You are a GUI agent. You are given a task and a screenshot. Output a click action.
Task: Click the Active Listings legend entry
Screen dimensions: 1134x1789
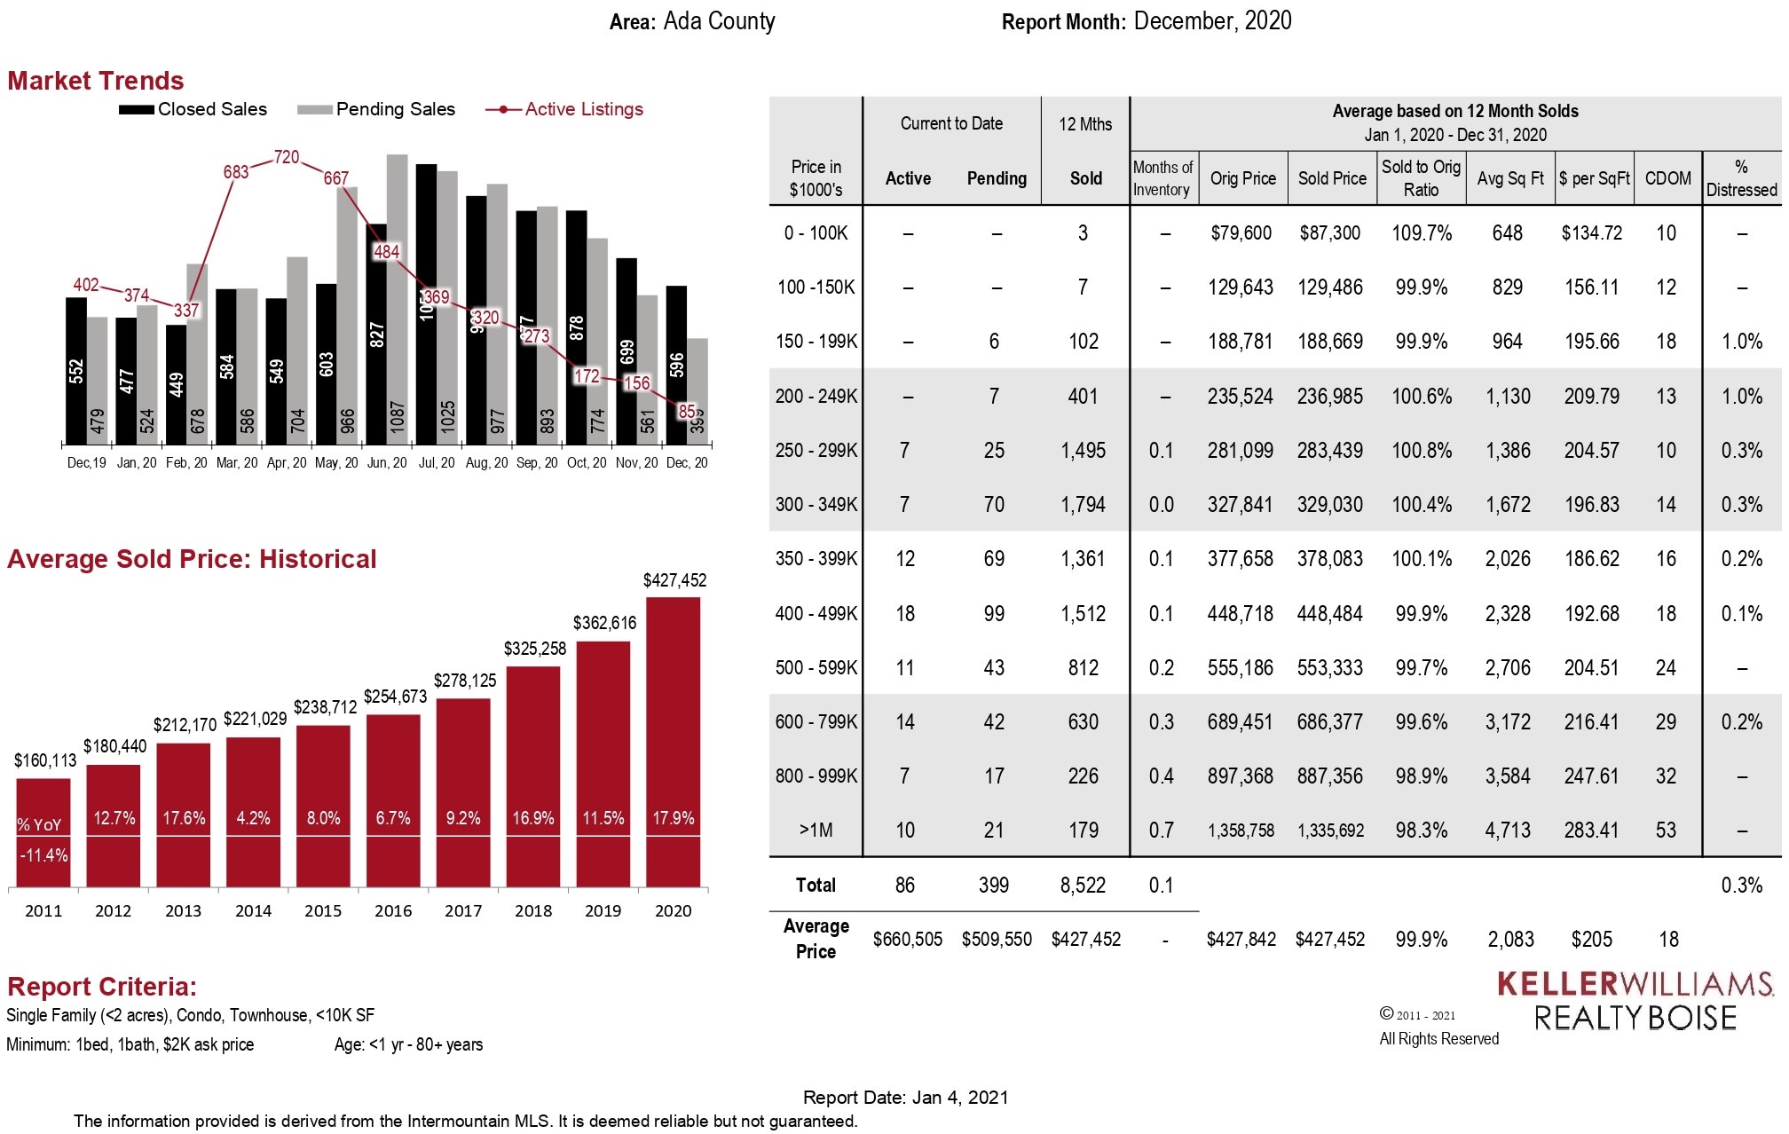[x=565, y=109]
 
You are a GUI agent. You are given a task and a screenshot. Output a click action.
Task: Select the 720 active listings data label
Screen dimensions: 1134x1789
[x=287, y=157]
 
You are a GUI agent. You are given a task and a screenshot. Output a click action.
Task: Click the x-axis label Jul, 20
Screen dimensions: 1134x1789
[x=436, y=462]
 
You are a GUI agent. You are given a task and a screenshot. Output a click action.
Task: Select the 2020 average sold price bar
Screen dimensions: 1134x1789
[x=673, y=741]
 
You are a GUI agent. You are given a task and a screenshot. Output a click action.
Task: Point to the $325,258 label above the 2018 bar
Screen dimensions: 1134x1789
[x=534, y=649]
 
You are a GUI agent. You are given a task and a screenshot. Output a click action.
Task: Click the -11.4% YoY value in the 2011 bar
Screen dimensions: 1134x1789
[x=43, y=855]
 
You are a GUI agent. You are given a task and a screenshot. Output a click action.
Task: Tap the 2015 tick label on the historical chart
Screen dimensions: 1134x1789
[x=323, y=910]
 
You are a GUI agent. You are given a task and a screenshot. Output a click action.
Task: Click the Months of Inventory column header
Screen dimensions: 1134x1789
[x=1162, y=178]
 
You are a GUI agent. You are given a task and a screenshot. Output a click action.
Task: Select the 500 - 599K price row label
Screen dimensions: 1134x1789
[x=816, y=667]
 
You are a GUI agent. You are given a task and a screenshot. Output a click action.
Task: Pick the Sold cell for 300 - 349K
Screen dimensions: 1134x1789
[x=1083, y=505]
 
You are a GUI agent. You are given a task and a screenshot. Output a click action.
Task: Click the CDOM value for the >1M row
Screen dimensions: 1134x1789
[x=1666, y=831]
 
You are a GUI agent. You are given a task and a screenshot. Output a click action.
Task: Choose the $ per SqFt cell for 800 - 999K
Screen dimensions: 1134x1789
[x=1591, y=776]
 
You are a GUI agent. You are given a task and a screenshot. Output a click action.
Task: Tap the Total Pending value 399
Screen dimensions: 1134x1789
[x=994, y=885]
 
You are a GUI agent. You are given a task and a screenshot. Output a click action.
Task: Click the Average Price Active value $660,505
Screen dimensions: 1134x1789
[x=907, y=939]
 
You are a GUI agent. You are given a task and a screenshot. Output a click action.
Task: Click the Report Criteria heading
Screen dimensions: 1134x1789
[x=102, y=987]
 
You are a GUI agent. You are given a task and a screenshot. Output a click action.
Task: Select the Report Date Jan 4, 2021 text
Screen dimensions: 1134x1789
[x=905, y=1098]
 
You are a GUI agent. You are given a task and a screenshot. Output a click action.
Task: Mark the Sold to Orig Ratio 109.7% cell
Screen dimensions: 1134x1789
[x=1421, y=233]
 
